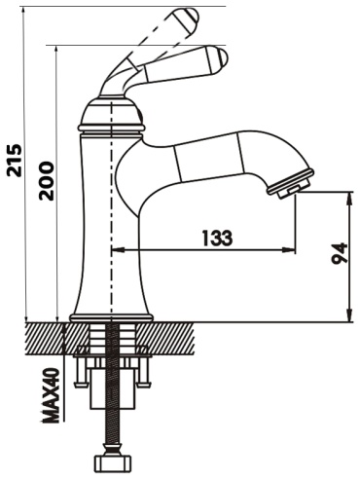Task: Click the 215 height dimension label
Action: tap(16, 161)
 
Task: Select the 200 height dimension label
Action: tap(47, 181)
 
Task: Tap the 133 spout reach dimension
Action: tap(217, 238)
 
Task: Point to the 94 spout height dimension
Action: tap(340, 253)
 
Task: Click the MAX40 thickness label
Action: tap(52, 395)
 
